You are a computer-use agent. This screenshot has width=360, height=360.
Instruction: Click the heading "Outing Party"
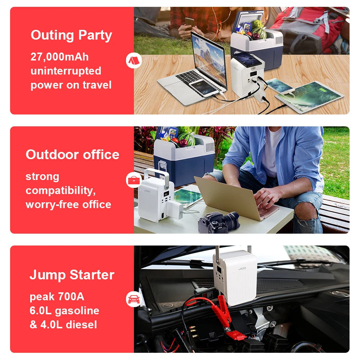(71, 35)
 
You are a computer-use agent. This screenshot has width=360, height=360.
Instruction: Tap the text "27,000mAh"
(59, 57)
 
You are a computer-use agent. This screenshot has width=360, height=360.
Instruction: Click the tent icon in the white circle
(134, 60)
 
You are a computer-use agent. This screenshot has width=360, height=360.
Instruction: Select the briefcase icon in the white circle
(134, 180)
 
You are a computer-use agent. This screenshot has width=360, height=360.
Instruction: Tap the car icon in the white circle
(134, 299)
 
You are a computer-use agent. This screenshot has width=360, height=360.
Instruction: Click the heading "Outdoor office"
(73, 154)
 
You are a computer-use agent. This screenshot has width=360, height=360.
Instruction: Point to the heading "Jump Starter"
(72, 275)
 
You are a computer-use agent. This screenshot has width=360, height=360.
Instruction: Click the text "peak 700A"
(57, 296)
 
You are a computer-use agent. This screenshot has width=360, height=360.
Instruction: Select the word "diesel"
(81, 324)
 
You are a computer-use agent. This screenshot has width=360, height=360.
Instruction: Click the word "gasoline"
(77, 311)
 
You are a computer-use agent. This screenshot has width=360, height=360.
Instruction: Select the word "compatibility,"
(60, 191)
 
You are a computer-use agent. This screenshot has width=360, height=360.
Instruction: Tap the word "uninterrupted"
(66, 71)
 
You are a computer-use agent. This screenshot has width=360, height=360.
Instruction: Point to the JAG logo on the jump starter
(242, 268)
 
